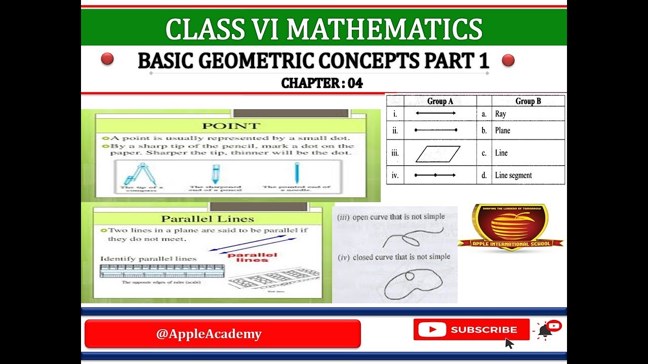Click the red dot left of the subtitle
(107, 59)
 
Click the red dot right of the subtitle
(508, 61)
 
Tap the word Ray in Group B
(501, 114)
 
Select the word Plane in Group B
(503, 130)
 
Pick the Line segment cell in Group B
(513, 175)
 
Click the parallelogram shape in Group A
(438, 154)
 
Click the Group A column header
(440, 101)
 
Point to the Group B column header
(528, 101)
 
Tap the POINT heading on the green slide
(231, 126)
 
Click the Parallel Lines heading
(207, 219)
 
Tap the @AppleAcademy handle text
(209, 334)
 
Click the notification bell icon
(545, 331)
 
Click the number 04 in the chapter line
(355, 83)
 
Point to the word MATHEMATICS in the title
(384, 29)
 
